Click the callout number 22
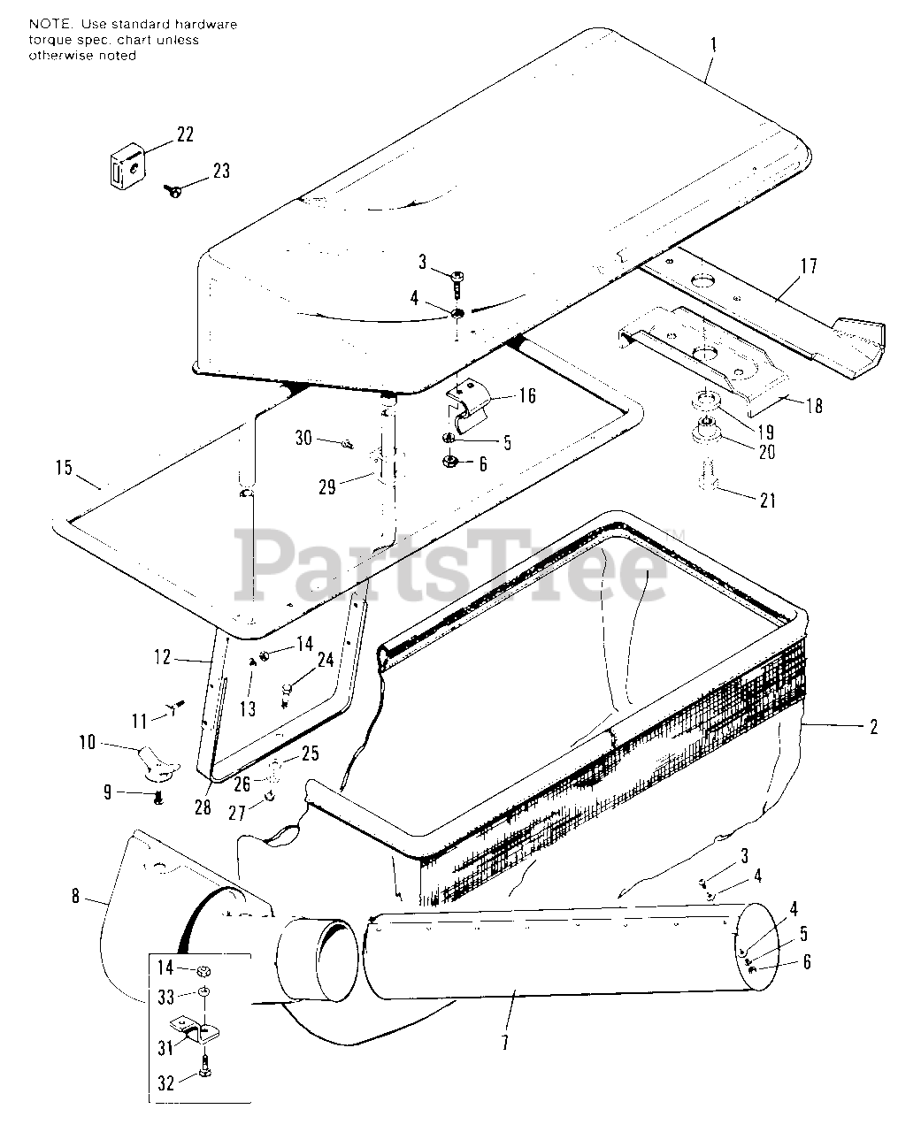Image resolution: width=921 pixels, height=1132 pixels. (x=185, y=134)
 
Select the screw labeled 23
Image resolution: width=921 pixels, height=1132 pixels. (x=173, y=187)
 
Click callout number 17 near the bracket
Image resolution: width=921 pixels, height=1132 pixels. (x=808, y=266)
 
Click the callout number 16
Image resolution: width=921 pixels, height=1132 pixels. (x=526, y=394)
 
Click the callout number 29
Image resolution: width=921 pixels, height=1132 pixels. (x=327, y=486)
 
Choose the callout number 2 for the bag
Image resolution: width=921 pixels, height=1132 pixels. (x=873, y=727)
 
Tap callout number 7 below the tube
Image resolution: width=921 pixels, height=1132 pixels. (x=504, y=1043)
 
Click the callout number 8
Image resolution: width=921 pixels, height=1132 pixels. (x=76, y=898)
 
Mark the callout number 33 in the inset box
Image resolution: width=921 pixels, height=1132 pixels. (x=165, y=997)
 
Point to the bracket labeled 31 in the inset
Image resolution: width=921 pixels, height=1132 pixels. (x=203, y=1031)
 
